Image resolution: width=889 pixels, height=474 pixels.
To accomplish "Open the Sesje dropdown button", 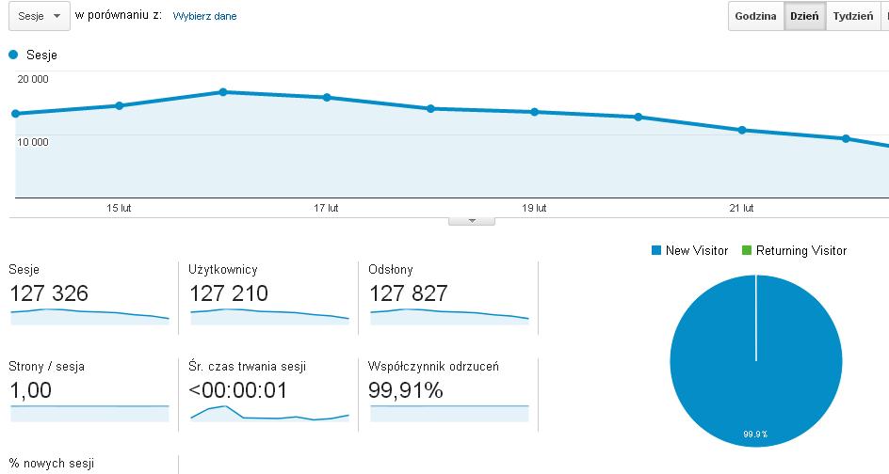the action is tap(40, 16).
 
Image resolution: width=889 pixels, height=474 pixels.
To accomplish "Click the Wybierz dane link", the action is tap(204, 16).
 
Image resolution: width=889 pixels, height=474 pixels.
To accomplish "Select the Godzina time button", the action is tap(755, 16).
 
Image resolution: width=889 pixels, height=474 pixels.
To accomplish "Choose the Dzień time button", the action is tap(804, 16).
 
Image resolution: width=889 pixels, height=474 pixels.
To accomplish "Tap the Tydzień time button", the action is tap(852, 16).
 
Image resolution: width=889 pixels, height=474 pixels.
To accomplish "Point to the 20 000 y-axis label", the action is tap(33, 79).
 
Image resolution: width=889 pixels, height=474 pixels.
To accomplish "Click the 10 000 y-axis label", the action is tap(33, 142).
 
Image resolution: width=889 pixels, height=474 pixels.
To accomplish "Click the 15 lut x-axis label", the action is tap(119, 208).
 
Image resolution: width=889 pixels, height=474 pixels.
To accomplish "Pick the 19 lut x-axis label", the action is tap(534, 208).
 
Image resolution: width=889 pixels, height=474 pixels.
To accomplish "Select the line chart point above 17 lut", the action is tap(327, 98).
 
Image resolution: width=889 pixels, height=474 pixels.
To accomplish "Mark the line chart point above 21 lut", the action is tap(742, 130).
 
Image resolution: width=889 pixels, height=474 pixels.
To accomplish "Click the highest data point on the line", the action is tap(223, 92).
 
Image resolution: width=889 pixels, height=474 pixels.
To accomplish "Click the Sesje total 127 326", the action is tap(49, 293).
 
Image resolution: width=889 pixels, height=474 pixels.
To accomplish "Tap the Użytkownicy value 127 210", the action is tap(229, 293).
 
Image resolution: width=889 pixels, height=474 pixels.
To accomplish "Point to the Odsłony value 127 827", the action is tap(408, 293).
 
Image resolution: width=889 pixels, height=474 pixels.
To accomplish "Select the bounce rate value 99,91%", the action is tap(405, 390).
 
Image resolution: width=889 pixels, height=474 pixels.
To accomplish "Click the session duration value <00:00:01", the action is tap(237, 390).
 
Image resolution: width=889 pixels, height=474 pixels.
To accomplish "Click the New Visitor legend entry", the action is tap(690, 250).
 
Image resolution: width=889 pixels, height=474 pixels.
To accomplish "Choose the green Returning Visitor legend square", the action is tap(747, 250).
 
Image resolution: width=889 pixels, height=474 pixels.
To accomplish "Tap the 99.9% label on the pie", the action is tap(755, 434).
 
